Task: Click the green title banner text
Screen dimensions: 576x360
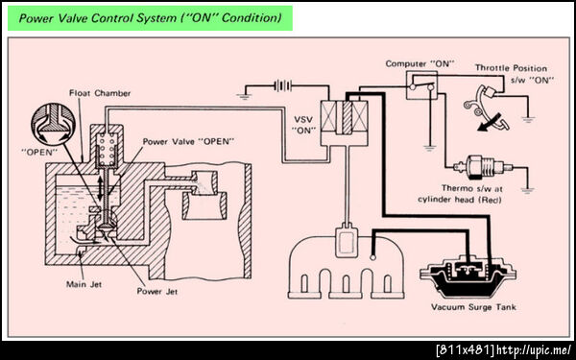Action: pos(150,17)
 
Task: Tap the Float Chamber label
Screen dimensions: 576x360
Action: pos(100,93)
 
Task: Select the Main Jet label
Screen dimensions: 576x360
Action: pos(84,284)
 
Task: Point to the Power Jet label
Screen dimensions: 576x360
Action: pos(157,292)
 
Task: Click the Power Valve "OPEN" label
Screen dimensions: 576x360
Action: pos(188,141)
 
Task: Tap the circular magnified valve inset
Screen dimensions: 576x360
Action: pos(54,125)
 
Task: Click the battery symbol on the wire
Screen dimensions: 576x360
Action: pos(283,86)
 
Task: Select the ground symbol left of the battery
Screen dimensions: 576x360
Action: pos(243,97)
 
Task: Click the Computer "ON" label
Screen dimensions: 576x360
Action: pos(420,64)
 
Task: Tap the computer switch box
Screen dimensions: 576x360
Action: pos(421,85)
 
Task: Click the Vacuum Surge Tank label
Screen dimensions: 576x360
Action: pos(473,307)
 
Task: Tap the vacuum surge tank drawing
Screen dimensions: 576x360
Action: pos(468,279)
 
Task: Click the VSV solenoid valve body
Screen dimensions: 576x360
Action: pos(344,123)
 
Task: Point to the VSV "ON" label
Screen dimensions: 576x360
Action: pos(304,125)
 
